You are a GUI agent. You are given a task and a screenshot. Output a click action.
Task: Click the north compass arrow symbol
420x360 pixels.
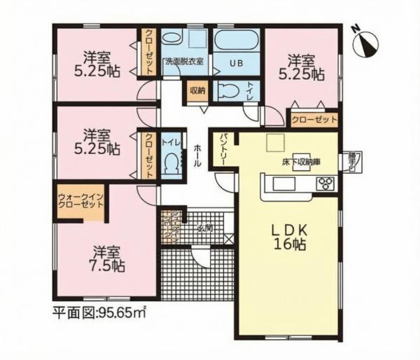tap(365, 42)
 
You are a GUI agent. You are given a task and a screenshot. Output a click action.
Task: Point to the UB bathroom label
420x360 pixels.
tap(238, 62)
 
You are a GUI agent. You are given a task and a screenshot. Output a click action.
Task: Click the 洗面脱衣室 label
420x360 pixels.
tap(184, 62)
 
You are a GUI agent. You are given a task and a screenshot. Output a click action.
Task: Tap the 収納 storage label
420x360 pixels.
tap(197, 90)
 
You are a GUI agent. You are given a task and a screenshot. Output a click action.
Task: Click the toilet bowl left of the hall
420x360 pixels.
tap(170, 162)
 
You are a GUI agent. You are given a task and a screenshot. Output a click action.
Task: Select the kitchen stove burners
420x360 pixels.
tap(325, 184)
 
